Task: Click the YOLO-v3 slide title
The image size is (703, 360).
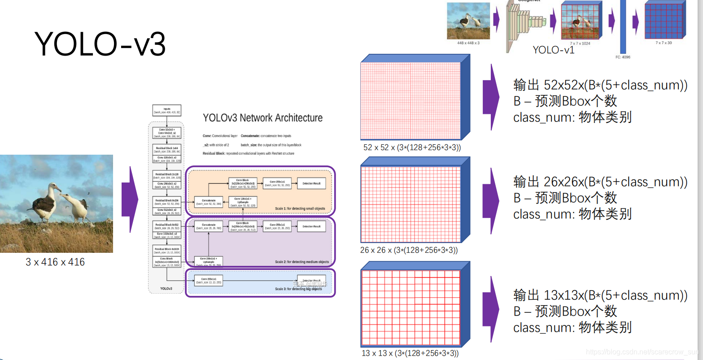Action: coord(100,44)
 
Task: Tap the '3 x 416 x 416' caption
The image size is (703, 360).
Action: coord(55,262)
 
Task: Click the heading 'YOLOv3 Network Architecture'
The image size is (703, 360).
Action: coord(262,118)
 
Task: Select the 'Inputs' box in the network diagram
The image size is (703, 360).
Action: coord(167,110)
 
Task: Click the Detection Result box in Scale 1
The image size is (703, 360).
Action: coord(311,183)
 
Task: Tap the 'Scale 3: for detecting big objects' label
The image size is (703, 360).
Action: coord(298,289)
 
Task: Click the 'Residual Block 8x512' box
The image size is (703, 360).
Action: coord(167,226)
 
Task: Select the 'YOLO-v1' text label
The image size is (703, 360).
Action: coord(553,50)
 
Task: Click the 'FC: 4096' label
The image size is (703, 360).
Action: coord(623,57)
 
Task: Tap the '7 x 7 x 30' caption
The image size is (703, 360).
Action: coord(664,43)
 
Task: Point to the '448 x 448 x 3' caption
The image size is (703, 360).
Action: coord(468,43)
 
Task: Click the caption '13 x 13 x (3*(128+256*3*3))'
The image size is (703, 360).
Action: coord(410,353)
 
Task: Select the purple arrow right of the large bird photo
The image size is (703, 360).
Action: coord(131,200)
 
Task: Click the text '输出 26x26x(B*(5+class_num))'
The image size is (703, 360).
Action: coord(600,182)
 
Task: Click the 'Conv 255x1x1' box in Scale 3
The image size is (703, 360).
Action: coord(209,281)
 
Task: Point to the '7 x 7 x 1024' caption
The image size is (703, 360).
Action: coord(580,43)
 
